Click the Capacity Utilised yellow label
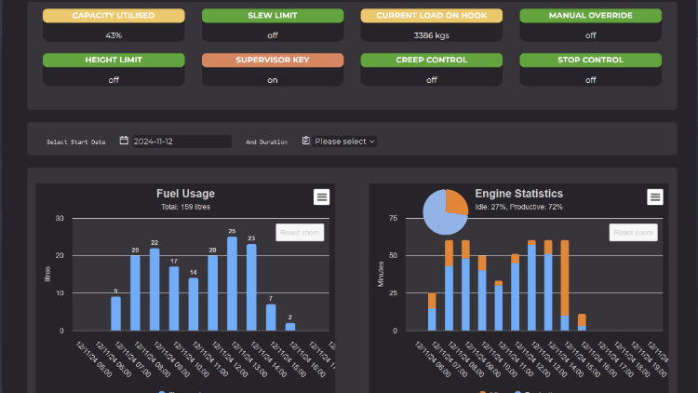tap(114, 16)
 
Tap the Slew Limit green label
tap(273, 16)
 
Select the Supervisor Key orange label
tap(273, 60)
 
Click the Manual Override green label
tap(590, 16)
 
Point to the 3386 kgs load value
tap(431, 35)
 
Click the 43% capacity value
tap(114, 35)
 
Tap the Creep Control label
tap(431, 60)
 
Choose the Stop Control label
tap(590, 60)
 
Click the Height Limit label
tap(114, 60)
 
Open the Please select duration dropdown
tap(340, 142)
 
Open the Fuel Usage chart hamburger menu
tap(321, 196)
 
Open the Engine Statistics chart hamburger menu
tap(655, 196)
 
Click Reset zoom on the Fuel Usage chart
tap(300, 232)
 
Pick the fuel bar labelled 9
tap(115, 313)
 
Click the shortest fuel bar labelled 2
tap(290, 326)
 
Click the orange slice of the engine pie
tap(456, 202)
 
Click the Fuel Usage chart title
tap(185, 194)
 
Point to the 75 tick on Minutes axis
tap(393, 219)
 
